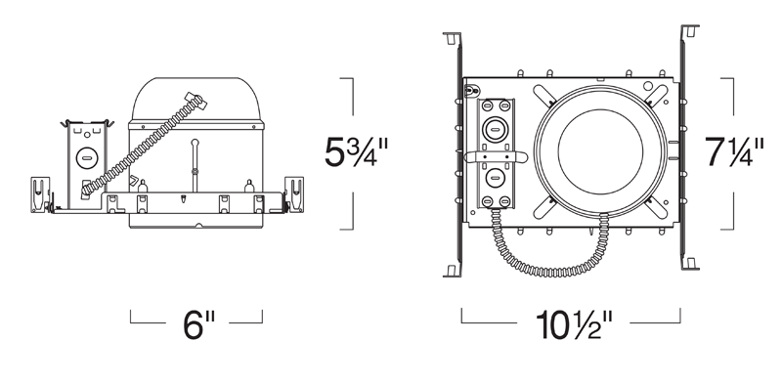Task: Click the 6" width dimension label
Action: pos(198,324)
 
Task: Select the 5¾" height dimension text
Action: pos(356,151)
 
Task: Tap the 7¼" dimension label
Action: pos(734,152)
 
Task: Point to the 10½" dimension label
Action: pos(574,324)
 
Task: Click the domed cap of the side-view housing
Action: pos(195,99)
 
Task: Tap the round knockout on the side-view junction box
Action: pos(87,158)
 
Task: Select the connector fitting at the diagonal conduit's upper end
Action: pos(196,102)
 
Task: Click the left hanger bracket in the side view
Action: pos(40,194)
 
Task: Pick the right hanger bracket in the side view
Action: pos(294,194)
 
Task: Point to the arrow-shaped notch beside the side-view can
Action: pos(134,181)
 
